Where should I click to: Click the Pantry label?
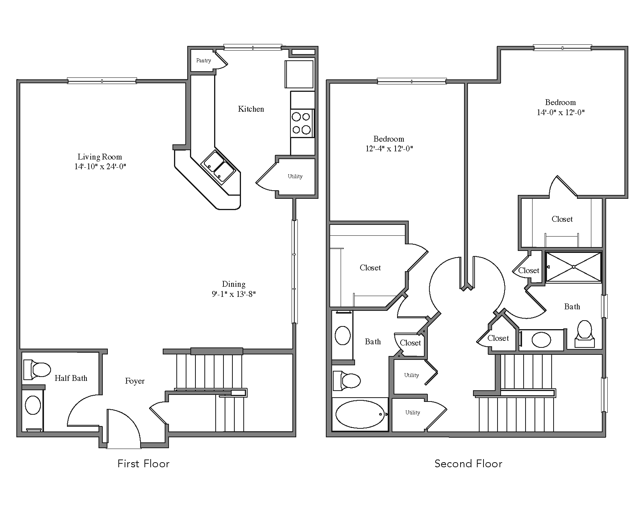click(x=204, y=61)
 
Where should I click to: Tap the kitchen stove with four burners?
click(x=302, y=123)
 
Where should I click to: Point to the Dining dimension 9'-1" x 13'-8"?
click(x=234, y=294)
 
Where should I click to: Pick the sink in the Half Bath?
click(x=33, y=405)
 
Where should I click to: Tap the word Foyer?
click(x=135, y=381)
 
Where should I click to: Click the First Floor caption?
click(x=143, y=464)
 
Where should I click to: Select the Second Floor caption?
click(x=468, y=464)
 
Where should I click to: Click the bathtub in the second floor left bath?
click(x=360, y=414)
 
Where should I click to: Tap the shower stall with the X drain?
click(x=573, y=267)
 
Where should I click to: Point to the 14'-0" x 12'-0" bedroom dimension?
click(x=561, y=112)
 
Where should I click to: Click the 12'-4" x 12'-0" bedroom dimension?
click(x=389, y=149)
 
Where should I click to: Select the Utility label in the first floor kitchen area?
click(x=295, y=177)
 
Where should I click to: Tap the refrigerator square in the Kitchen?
click(x=299, y=74)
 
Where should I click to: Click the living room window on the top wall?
click(x=102, y=81)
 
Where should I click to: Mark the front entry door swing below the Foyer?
click(x=122, y=427)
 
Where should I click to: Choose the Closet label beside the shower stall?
click(x=529, y=270)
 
